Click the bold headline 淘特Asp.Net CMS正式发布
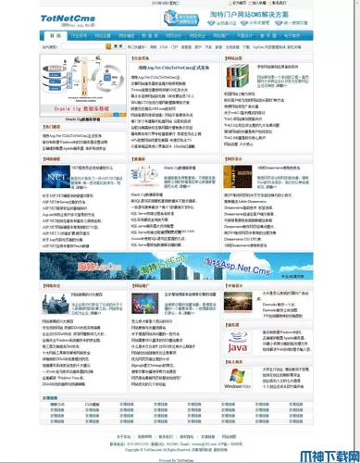(172, 68)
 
